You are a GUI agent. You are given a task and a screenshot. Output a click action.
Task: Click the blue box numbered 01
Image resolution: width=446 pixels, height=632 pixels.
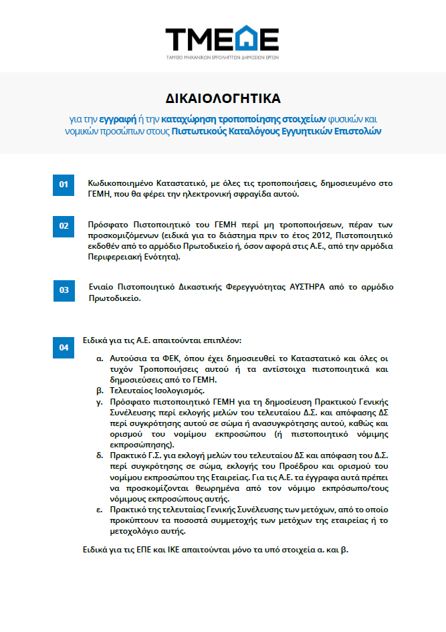click(x=63, y=185)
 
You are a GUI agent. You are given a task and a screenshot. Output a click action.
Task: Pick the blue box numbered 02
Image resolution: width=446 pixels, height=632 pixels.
click(x=63, y=225)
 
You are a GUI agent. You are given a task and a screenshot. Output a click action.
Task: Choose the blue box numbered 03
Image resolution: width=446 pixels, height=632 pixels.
click(x=63, y=290)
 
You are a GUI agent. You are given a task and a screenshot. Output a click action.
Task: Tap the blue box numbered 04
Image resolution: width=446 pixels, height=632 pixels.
click(x=63, y=347)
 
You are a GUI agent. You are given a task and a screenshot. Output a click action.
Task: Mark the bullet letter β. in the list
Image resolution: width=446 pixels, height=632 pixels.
click(x=100, y=390)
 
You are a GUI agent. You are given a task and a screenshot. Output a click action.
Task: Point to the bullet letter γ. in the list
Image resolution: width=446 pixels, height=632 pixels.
click(x=100, y=401)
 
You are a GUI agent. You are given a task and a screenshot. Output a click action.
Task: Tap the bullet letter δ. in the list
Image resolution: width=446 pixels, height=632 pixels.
click(x=100, y=455)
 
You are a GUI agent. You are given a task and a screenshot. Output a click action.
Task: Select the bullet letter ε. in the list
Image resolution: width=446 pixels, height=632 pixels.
click(x=100, y=510)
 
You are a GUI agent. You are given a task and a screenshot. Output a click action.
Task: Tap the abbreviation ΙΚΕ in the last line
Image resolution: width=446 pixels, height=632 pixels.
click(x=177, y=550)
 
